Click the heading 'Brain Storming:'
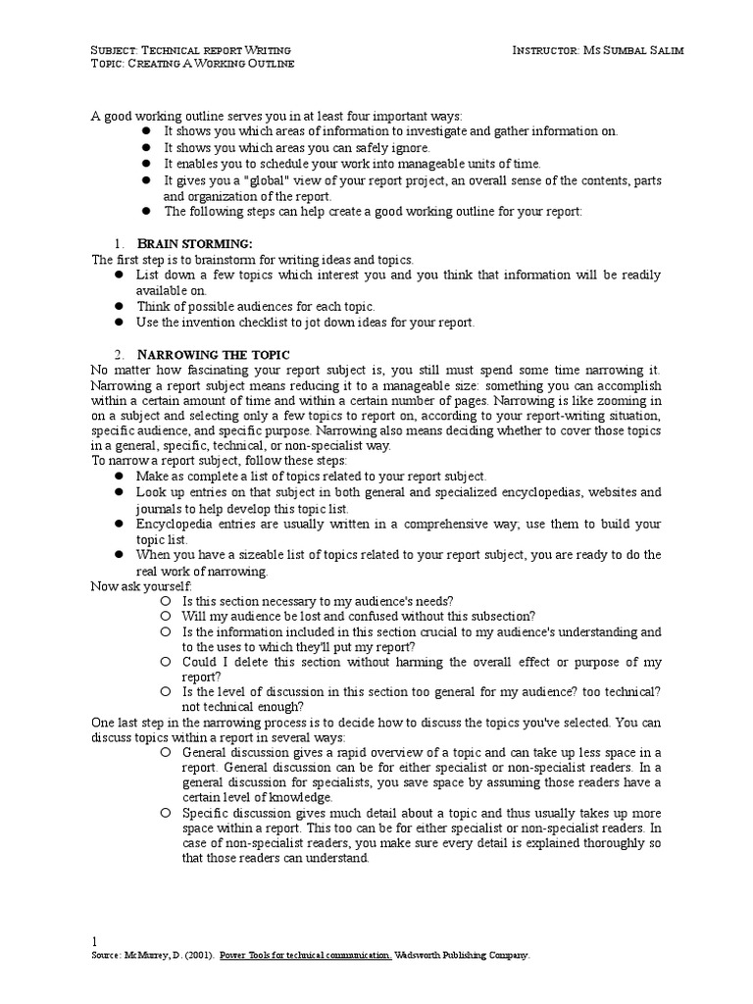(194, 243)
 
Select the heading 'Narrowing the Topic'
(213, 353)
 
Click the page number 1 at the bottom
(94, 938)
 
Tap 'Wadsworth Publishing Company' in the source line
(462, 954)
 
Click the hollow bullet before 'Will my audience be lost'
(167, 616)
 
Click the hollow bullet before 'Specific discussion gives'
(167, 814)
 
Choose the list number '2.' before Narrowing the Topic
(118, 353)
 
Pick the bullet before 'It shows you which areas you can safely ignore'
(144, 147)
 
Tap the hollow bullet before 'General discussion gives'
(167, 752)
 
